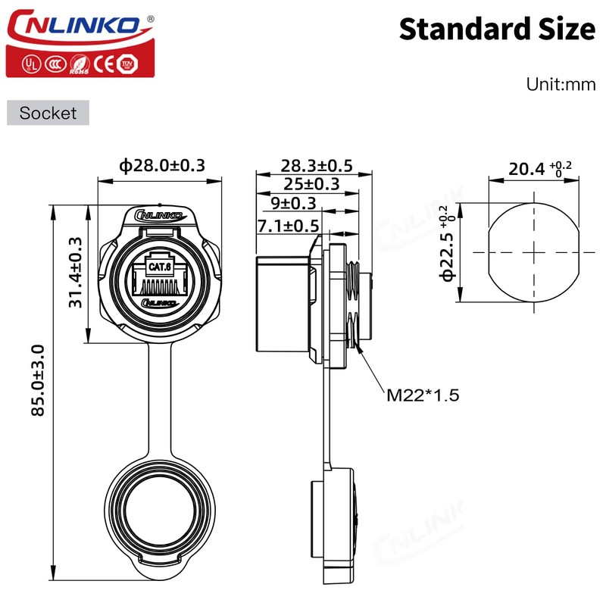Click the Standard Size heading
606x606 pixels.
[497, 29]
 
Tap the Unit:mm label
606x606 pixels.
[561, 84]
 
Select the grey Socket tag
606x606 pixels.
[48, 113]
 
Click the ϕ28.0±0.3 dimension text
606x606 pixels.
[162, 165]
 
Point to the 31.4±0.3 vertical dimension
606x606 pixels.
[76, 271]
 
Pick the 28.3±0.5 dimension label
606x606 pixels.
[317, 165]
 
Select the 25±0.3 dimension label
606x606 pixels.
[311, 184]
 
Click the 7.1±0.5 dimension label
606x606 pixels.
[288, 225]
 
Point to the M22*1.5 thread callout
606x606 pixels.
[423, 395]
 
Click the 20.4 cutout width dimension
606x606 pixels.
[530, 168]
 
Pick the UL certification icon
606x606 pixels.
[30, 64]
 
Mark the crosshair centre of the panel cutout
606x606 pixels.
[536, 251]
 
